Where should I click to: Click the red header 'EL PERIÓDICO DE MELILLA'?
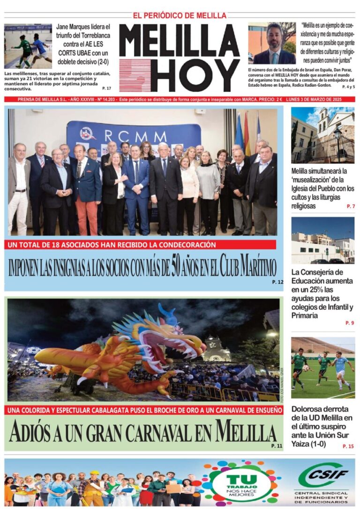(x=180, y=15)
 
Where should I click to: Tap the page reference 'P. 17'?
(x=106, y=88)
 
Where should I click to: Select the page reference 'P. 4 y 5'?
(x=348, y=87)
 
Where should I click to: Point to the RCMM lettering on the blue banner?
(x=135, y=136)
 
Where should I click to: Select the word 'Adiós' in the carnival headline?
(x=34, y=432)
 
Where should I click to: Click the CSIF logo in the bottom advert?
(x=323, y=475)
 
